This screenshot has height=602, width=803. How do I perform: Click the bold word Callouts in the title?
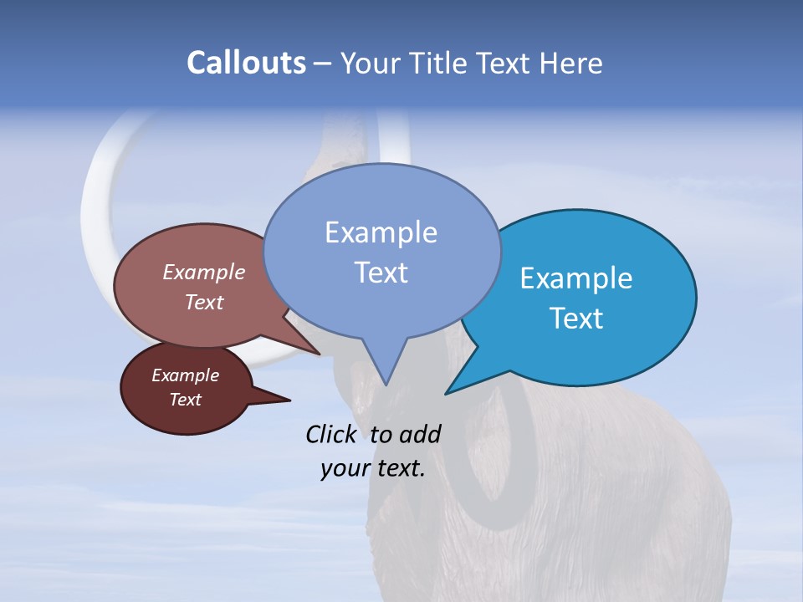246,63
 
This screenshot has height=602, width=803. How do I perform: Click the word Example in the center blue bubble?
381,232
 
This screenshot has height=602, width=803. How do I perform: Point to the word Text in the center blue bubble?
381,273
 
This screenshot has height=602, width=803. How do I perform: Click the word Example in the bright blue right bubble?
576,278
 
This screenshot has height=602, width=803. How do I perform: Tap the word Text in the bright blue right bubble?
576,319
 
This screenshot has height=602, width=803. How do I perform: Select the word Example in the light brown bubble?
204,272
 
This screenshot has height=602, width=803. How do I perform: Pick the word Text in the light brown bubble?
204,302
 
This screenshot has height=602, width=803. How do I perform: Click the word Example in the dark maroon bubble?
185,375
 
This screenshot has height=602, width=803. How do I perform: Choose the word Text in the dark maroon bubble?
185,400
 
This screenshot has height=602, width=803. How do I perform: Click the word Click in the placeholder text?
333,434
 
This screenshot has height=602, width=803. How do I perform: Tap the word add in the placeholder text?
419,434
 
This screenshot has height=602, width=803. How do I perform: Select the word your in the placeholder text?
345,468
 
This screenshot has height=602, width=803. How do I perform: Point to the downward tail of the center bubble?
384,368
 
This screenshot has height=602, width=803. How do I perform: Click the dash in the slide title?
323,64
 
